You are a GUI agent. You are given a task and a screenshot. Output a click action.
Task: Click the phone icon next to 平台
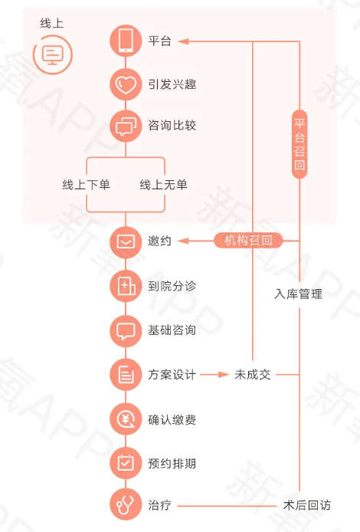[x=126, y=41]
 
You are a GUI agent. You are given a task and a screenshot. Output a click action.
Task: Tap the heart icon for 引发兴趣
[x=126, y=84]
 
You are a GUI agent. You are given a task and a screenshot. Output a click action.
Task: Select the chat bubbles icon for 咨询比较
[x=126, y=126]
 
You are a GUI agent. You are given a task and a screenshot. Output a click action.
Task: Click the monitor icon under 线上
[x=53, y=54]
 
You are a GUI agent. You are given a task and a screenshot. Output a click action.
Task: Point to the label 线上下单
[x=86, y=185]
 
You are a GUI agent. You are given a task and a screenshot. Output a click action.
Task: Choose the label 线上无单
[x=163, y=185]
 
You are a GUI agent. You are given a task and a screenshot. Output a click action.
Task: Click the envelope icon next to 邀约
[x=126, y=241]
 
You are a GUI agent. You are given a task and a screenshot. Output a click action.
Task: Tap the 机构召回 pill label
[x=248, y=241]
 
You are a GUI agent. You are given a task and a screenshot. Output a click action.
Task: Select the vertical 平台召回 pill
[x=299, y=144]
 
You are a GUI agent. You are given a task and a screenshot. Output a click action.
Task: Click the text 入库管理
[x=298, y=294]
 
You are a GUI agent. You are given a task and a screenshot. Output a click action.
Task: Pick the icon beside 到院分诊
[x=126, y=286]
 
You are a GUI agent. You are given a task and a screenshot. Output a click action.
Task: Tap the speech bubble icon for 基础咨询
[x=126, y=331]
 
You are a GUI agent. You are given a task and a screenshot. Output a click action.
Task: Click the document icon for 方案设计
[x=126, y=375]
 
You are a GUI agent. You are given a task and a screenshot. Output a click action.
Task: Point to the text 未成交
[x=253, y=375]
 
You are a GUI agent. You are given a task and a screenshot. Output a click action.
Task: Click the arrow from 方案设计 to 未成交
[x=214, y=375]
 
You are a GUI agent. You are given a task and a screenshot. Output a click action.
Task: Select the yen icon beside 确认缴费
[x=126, y=419]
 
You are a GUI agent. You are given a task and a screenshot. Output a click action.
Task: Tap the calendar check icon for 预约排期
[x=126, y=463]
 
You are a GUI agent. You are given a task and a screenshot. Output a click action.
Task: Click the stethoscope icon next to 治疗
[x=126, y=504]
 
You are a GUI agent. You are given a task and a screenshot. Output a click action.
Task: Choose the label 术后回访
[x=307, y=505]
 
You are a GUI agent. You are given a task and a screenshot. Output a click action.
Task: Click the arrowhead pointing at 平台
[x=183, y=41]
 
